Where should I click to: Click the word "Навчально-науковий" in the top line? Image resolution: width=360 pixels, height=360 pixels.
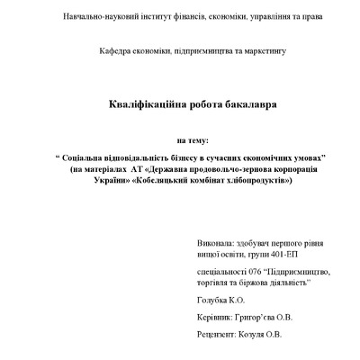[96, 18]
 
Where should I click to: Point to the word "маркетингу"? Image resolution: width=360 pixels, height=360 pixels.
[265, 51]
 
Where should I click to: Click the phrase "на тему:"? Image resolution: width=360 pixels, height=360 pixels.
[193, 140]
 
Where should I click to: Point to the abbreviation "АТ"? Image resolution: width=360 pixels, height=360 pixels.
[138, 169]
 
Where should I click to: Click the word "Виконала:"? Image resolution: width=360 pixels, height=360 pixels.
[213, 243]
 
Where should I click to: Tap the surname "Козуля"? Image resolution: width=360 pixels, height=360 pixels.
[254, 335]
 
